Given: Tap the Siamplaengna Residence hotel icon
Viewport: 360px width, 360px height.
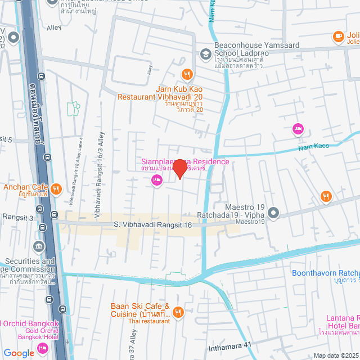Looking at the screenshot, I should click(x=156, y=180).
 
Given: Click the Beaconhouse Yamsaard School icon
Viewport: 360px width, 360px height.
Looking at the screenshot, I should click(x=205, y=54).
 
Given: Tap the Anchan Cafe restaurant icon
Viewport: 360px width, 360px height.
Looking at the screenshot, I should click(x=56, y=188).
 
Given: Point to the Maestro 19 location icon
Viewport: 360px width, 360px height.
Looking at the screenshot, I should click(x=273, y=213).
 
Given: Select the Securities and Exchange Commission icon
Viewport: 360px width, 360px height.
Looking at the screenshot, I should click(x=39, y=246).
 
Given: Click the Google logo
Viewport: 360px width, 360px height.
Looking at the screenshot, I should click(x=19, y=353).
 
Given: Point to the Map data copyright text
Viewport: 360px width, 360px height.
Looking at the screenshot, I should click(x=336, y=355).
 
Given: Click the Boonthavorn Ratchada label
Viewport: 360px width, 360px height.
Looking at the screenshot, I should click(x=326, y=273).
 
